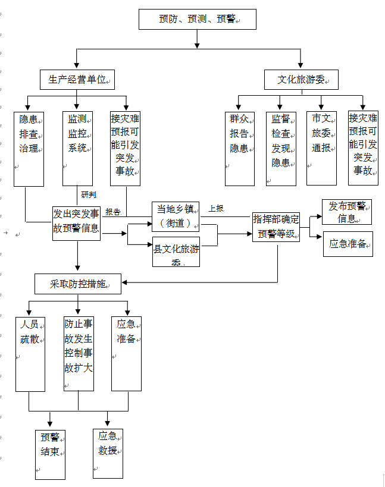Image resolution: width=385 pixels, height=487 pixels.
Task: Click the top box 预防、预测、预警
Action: click(x=198, y=19)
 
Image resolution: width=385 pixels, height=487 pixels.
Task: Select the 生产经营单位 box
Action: click(x=77, y=79)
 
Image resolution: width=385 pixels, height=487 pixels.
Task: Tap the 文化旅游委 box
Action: click(x=301, y=80)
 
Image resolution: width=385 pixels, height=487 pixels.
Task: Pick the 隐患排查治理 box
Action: click(x=29, y=148)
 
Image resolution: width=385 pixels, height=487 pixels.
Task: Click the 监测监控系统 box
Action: click(x=77, y=148)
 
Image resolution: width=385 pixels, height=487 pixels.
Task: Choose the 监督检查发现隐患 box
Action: click(x=281, y=148)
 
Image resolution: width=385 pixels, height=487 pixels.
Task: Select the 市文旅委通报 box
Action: click(x=321, y=148)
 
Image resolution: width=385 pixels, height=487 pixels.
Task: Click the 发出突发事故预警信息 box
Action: click(x=77, y=223)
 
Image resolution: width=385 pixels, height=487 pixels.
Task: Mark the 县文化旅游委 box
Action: click(x=176, y=252)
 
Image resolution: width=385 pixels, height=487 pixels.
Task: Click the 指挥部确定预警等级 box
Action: click(x=276, y=227)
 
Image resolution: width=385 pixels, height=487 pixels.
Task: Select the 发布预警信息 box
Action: click(x=347, y=212)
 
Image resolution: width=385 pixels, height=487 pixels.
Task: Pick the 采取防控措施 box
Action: click(x=78, y=284)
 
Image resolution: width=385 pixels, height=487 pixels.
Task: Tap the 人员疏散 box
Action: click(x=30, y=354)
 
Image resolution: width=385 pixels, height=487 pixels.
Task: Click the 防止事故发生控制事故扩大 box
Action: click(x=79, y=354)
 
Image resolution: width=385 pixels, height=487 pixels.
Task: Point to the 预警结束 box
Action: click(x=50, y=454)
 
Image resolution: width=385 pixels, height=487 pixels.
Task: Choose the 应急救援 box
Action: click(x=108, y=450)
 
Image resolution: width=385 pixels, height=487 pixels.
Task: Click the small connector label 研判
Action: click(x=89, y=194)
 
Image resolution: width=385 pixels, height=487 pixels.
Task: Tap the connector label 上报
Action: click(x=216, y=209)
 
